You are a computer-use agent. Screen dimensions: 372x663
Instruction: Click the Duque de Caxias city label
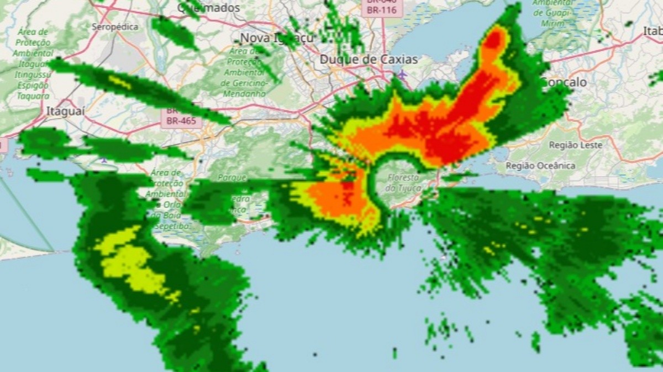[x=369, y=59]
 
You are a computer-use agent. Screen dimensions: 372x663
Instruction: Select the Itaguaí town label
[x=65, y=111]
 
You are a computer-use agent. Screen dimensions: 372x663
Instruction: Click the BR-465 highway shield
[x=181, y=121]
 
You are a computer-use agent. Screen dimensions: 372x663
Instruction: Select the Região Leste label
[x=575, y=145]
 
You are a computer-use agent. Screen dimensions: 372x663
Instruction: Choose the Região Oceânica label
[x=540, y=165]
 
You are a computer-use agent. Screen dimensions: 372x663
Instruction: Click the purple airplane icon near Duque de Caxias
[x=402, y=74]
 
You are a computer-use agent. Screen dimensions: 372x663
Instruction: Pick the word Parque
[x=232, y=177]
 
